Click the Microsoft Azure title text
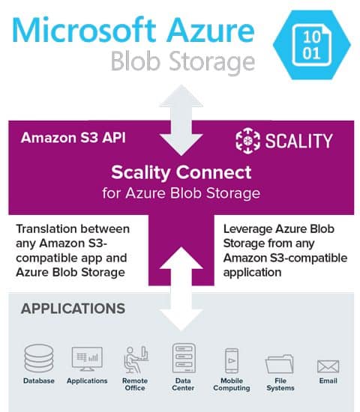pyautogui.click(x=133, y=30)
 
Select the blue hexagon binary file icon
pyautogui.click(x=312, y=45)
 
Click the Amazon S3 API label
pyautogui.click(x=73, y=137)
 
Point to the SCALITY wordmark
pyautogui.click(x=298, y=141)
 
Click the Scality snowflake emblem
pyautogui.click(x=247, y=141)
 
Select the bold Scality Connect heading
pyautogui.click(x=181, y=172)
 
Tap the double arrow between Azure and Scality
pyautogui.click(x=181, y=120)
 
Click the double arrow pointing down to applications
pyautogui.click(x=181, y=288)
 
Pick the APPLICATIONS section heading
pyautogui.click(x=73, y=309)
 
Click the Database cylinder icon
pyautogui.click(x=39, y=358)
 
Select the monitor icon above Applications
pyautogui.click(x=87, y=359)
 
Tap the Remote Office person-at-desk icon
pyautogui.click(x=136, y=360)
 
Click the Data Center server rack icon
pyautogui.click(x=184, y=358)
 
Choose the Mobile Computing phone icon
pyautogui.click(x=232, y=360)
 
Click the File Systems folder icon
pyautogui.click(x=280, y=364)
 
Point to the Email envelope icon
pyautogui.click(x=328, y=366)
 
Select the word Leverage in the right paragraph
pyautogui.click(x=247, y=229)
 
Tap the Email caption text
pyautogui.click(x=328, y=381)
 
